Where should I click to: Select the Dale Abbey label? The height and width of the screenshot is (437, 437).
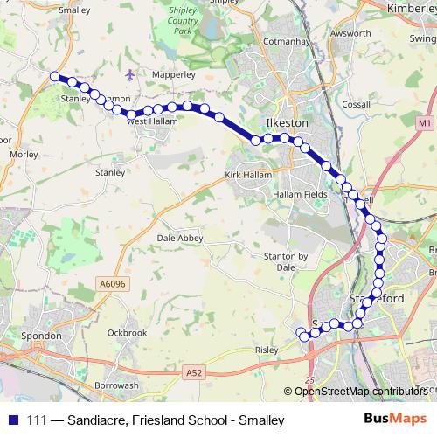179,237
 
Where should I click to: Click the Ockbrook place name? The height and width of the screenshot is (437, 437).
126,332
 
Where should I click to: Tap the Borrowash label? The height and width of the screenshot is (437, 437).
116,385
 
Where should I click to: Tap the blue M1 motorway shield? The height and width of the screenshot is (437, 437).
425,124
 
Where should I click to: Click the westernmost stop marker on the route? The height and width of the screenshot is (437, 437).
55,77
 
